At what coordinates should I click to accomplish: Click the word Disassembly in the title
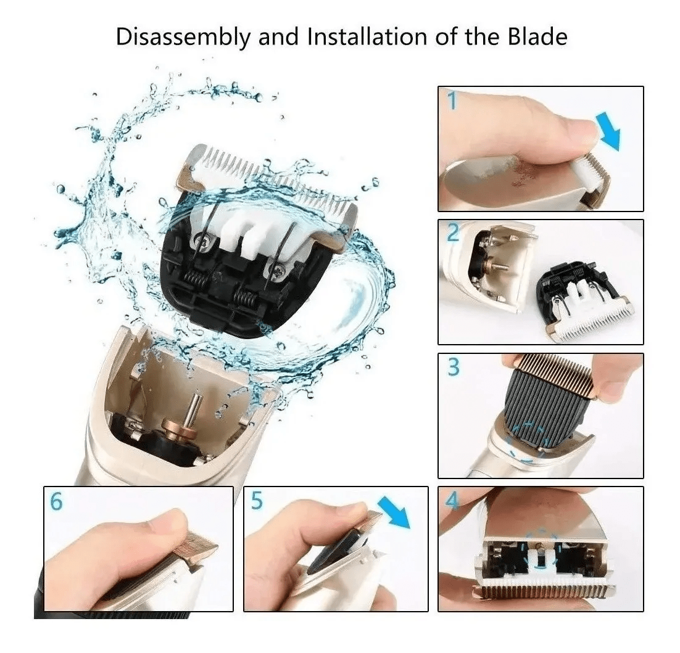(x=183, y=38)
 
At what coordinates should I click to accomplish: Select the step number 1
(x=452, y=101)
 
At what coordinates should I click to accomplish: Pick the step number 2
(x=453, y=234)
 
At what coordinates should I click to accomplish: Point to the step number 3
(x=453, y=367)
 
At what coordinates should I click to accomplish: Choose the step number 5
(x=257, y=501)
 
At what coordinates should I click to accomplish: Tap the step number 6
(x=57, y=501)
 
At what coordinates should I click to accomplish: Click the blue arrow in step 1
(x=609, y=131)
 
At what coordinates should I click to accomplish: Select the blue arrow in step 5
(x=394, y=512)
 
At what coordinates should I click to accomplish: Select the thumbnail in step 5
(x=359, y=507)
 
